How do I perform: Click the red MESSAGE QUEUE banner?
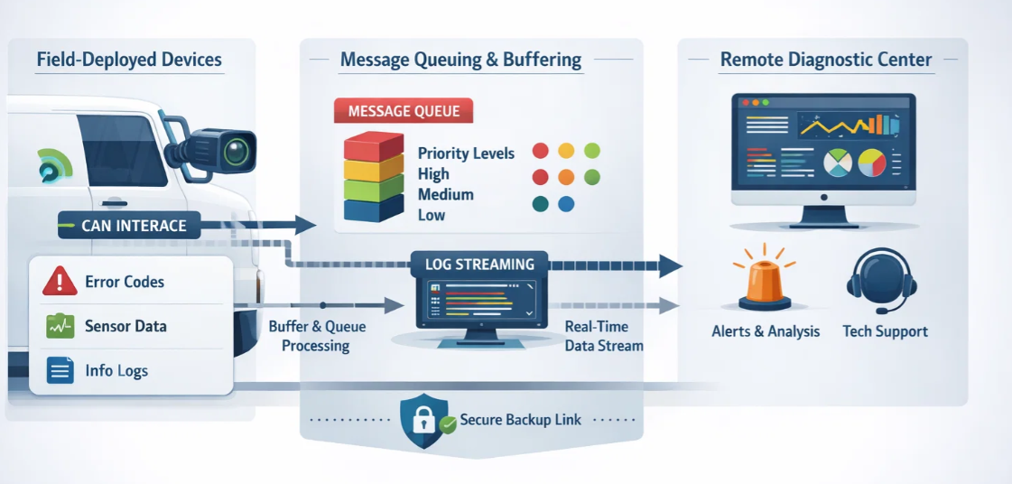404,112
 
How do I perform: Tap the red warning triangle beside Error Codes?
60,282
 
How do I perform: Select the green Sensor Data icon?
60,326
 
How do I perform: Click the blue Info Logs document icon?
60,370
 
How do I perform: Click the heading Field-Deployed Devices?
129,60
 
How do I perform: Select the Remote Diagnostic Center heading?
825,60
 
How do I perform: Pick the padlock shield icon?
422,421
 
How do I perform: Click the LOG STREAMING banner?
479,265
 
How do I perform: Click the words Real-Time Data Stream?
603,336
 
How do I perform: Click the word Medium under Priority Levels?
445,194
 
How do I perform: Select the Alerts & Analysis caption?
766,331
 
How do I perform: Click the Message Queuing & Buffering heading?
460,60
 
